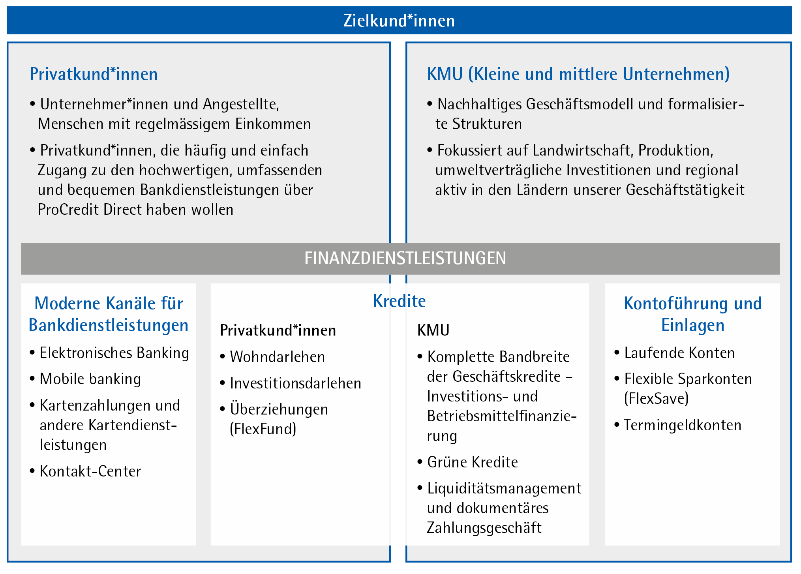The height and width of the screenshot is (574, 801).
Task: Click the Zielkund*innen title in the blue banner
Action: pos(399,21)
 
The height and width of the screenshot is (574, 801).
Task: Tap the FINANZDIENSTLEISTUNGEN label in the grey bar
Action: pos(405,258)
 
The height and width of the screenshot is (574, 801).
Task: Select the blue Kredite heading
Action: pos(399,301)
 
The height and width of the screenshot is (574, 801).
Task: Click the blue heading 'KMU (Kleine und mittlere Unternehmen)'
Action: pos(578,74)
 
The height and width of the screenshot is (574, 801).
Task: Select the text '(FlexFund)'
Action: pos(263,429)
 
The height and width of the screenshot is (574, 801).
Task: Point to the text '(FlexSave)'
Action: pos(657,398)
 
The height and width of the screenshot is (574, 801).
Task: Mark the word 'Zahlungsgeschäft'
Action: pos(484,528)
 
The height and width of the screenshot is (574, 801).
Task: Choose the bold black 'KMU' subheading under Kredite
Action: pos(433,330)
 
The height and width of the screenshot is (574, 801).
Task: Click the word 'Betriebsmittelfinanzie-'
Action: pos(502,416)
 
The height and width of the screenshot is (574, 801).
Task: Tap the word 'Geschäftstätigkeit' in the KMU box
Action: pos(685,190)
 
